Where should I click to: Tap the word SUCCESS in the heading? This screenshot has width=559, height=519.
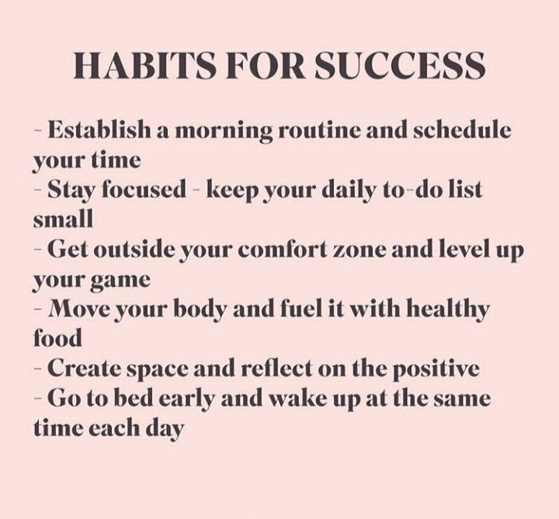click(399, 66)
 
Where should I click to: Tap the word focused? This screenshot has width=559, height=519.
click(144, 189)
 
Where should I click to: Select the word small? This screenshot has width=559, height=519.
click(63, 218)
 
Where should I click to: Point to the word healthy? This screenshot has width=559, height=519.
click(448, 310)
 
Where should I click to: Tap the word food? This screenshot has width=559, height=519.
click(57, 337)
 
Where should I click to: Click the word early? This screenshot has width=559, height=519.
click(186, 400)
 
